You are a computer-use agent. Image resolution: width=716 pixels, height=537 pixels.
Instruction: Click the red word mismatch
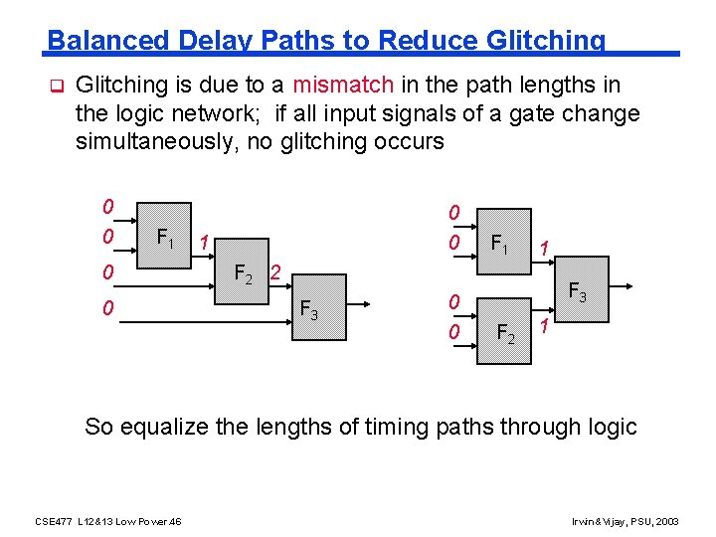point(343,85)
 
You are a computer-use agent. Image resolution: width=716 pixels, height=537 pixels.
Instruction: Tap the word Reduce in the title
point(430,41)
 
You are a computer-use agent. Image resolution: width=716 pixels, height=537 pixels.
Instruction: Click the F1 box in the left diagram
point(165,239)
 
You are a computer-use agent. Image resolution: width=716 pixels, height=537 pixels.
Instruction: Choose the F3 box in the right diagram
point(576,292)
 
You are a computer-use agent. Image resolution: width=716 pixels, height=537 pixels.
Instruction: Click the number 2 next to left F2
point(276,271)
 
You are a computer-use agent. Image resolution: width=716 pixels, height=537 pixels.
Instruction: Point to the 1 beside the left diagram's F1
point(202,242)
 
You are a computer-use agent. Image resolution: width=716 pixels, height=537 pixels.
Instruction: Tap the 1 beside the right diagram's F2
point(544,328)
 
